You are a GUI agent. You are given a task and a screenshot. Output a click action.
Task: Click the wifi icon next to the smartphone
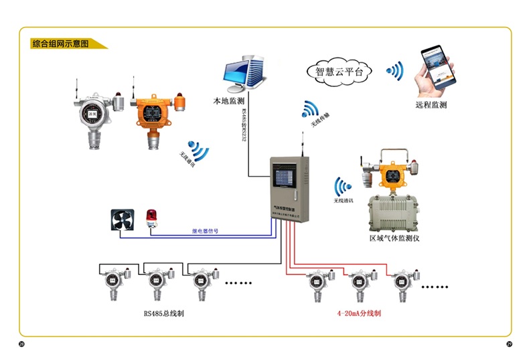point(395,70)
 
